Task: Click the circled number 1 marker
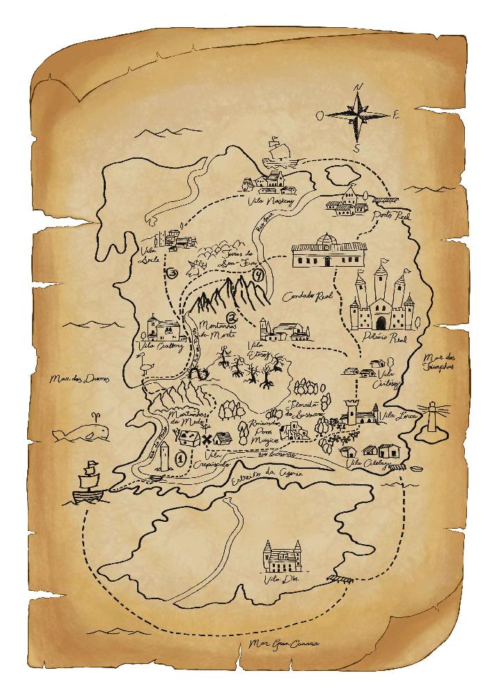(x=181, y=458)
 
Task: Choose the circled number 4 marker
(x=259, y=274)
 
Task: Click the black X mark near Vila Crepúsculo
(x=207, y=439)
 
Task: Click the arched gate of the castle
(x=381, y=323)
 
